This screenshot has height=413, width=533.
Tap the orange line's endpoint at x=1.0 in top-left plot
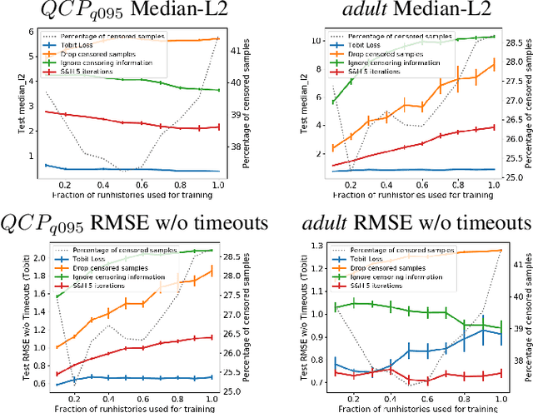pyautogui.click(x=218, y=38)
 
